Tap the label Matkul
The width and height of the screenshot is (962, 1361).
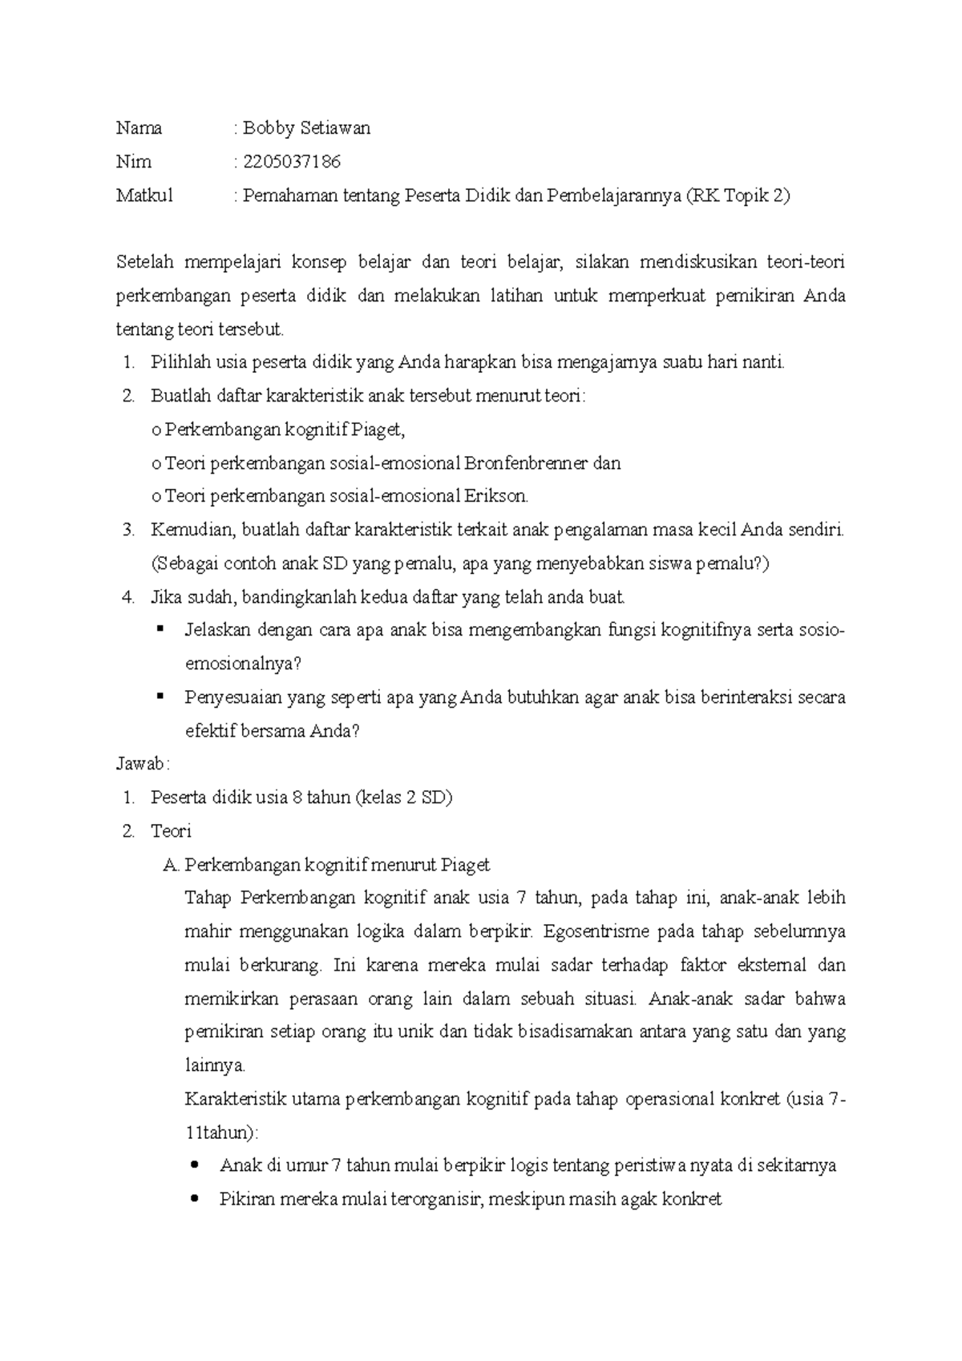pos(144,196)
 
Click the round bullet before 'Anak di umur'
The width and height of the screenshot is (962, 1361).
pos(196,1166)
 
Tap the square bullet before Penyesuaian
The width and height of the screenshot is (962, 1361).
pos(161,697)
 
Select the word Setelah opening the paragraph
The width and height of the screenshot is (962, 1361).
pos(144,262)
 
